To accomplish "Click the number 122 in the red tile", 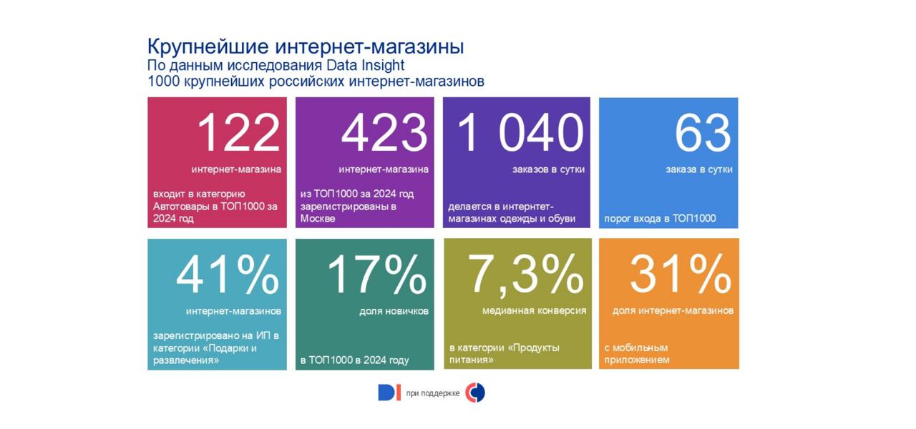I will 238,133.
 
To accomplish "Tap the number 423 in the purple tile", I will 384,133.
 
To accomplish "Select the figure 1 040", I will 520,133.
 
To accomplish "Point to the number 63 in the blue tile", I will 703,133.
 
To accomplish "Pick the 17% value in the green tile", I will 376,275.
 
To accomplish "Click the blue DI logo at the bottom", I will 389,393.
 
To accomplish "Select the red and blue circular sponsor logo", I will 475,393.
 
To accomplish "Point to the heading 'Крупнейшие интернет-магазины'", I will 306,46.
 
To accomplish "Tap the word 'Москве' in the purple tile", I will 318,219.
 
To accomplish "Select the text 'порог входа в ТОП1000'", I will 660,219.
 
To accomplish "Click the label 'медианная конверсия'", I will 534,311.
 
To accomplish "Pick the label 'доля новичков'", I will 394,311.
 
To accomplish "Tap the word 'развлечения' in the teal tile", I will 186,360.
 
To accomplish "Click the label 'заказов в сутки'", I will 548,169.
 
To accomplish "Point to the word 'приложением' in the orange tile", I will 637,360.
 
